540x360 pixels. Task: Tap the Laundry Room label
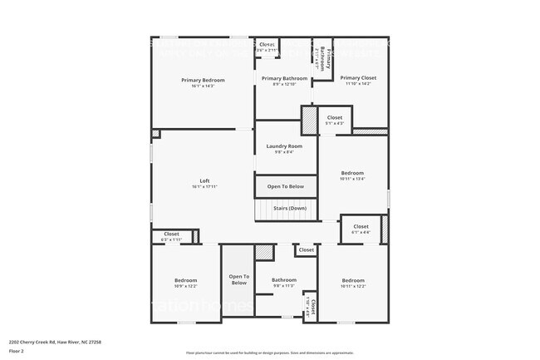[284, 145]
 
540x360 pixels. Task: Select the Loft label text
[204, 180]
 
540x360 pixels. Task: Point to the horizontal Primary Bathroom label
[284, 78]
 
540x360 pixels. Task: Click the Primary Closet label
[358, 77]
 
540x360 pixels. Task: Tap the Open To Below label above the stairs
[285, 186]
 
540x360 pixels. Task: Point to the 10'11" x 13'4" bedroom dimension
[352, 178]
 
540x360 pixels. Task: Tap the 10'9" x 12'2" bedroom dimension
[185, 286]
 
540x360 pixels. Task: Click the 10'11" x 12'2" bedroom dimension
[353, 286]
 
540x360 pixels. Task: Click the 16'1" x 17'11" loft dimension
[204, 187]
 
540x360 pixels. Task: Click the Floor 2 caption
[17, 351]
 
